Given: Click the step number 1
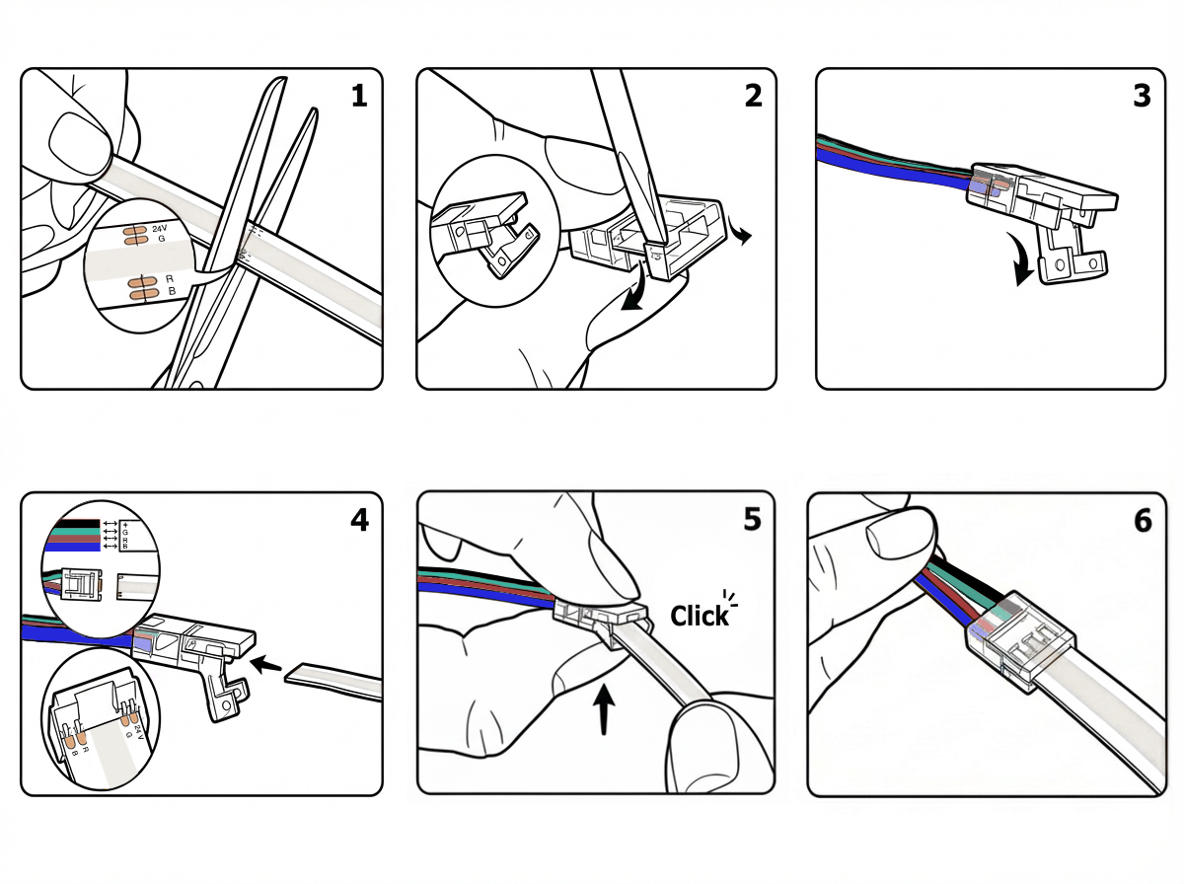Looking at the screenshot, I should point(358,96).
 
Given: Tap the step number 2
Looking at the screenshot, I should point(753,96).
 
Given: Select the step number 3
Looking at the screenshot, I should point(1143,96).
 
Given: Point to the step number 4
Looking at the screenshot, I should point(358,519).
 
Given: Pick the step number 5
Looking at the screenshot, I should point(753,519).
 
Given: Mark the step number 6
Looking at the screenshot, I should point(1143,519).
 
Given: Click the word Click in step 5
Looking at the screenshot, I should point(700,616).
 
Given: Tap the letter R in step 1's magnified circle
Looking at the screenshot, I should point(170,279).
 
